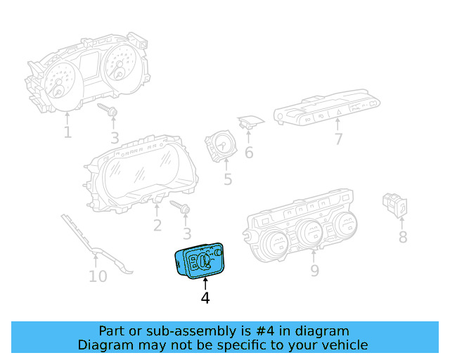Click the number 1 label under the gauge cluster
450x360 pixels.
pos(67,131)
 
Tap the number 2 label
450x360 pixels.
pos(157,225)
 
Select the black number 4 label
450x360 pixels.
pos(205,298)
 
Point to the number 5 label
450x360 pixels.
pos(228,180)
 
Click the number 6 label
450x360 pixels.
pos(249,152)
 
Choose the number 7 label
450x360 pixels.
pos(338,139)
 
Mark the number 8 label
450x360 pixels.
pos(403,237)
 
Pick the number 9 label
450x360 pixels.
pos(314,271)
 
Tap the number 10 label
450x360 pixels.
pos(98,276)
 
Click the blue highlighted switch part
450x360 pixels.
pos(200,261)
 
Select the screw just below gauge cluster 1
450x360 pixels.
pos(109,111)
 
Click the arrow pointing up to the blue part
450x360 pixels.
pos(205,283)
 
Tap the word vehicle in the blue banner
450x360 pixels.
pos(341,345)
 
